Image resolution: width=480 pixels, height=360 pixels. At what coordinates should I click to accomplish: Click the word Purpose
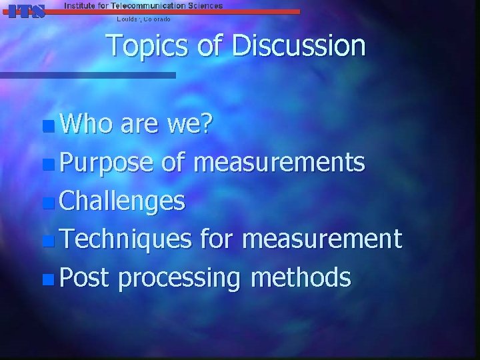106,163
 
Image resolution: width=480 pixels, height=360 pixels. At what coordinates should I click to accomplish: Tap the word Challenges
122,201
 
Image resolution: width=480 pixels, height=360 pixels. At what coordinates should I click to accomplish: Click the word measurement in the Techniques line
323,239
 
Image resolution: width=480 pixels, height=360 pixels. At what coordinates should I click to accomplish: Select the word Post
83,277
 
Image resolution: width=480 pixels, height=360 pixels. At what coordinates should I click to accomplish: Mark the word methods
301,277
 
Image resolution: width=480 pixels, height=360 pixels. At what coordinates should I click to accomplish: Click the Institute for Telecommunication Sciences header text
143,5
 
